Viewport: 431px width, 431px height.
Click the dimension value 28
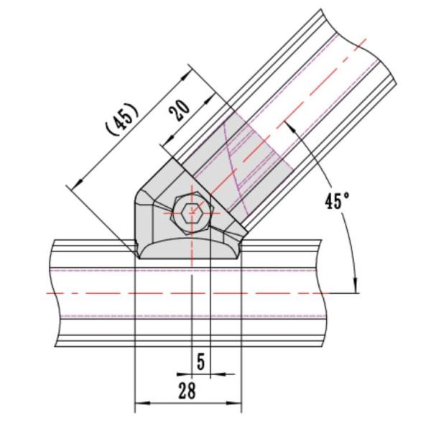point(187,391)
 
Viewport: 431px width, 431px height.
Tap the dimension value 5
point(201,361)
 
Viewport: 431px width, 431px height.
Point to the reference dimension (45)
point(122,119)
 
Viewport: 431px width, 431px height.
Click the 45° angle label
point(337,200)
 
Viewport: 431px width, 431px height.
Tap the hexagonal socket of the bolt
point(192,213)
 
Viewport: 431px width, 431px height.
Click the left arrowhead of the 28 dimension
point(142,403)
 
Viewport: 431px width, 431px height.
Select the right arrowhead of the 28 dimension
point(234,403)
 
